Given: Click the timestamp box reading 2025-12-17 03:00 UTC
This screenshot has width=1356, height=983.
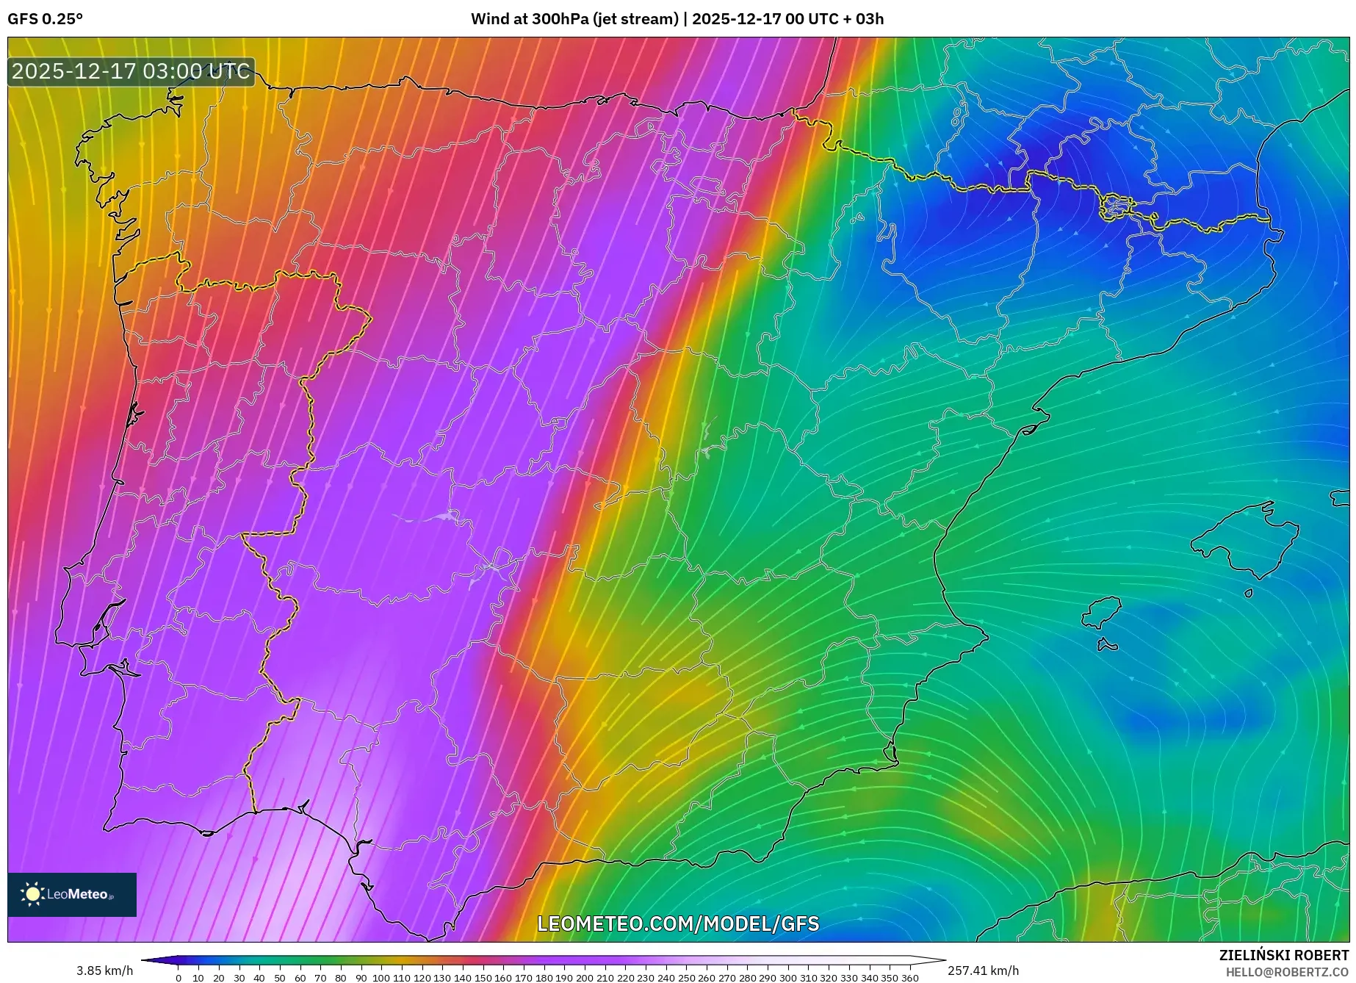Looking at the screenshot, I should click(x=131, y=71).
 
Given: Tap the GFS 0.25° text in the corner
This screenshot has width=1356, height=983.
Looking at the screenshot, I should click(x=45, y=19).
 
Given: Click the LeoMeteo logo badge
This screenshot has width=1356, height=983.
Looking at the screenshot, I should click(x=72, y=894).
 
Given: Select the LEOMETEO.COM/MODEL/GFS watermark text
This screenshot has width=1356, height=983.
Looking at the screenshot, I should click(x=677, y=923).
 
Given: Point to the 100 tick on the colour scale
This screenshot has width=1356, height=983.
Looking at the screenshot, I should click(x=381, y=977).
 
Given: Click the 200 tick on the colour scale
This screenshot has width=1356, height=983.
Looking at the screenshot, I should click(x=585, y=977).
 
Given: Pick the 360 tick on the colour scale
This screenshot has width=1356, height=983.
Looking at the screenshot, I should click(x=909, y=977).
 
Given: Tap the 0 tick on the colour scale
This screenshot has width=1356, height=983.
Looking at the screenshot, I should click(x=178, y=977).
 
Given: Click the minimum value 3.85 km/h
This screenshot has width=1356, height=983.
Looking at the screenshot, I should click(x=104, y=971).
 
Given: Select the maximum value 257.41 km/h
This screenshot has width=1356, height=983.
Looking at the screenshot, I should click(x=983, y=971).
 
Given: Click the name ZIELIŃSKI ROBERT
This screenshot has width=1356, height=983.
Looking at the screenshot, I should click(x=1283, y=955).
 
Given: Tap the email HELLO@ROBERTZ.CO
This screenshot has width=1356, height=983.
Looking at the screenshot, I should click(x=1286, y=972).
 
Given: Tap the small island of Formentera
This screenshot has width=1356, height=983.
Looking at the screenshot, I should click(x=1108, y=646).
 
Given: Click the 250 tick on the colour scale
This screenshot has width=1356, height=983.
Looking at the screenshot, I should click(x=686, y=977).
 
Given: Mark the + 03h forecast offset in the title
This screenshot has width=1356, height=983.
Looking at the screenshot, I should click(x=863, y=19).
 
